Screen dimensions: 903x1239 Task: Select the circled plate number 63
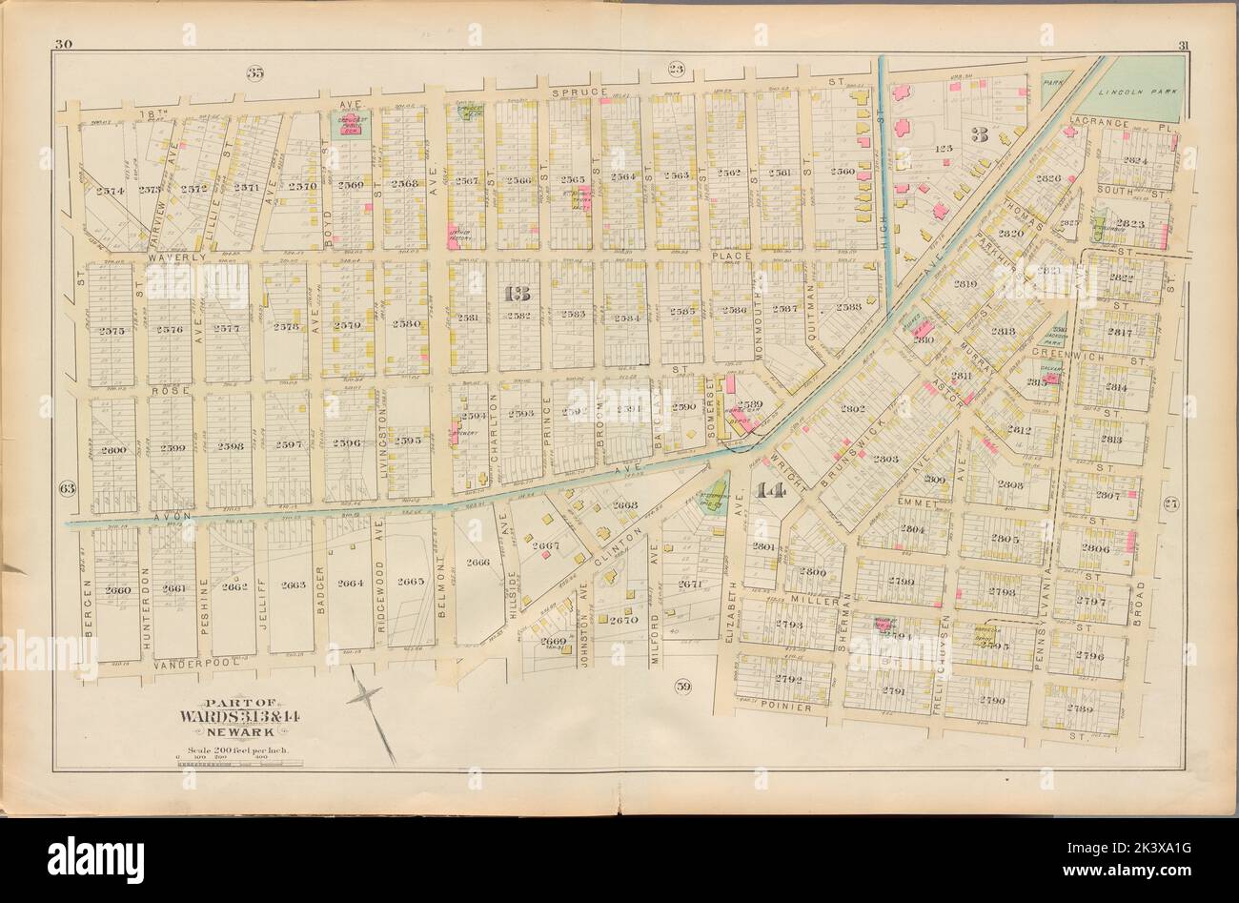tap(67, 488)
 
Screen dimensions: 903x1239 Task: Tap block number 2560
tap(843, 173)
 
